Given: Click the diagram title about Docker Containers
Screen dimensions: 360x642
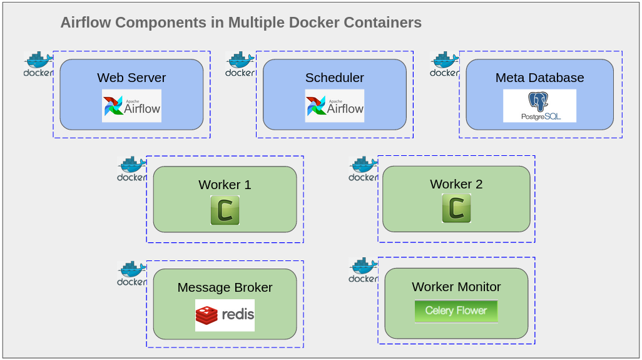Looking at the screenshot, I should [241, 23].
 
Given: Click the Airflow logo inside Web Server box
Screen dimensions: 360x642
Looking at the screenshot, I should [131, 106].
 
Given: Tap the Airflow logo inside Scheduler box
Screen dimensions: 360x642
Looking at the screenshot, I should [335, 106].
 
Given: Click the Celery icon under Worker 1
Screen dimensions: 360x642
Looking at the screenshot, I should [225, 210].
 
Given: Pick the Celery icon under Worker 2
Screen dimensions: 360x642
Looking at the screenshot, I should [456, 208].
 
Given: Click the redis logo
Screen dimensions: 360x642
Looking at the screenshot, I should [225, 315].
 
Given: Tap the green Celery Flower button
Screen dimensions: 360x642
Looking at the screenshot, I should [456, 311].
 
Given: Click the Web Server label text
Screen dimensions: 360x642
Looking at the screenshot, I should [131, 78].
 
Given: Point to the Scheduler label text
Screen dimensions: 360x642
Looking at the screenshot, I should [335, 78].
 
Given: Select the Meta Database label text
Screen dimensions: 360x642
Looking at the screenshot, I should [539, 78].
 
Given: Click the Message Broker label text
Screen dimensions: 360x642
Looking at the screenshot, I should [225, 287].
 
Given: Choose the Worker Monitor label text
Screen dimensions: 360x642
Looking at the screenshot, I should [456, 287].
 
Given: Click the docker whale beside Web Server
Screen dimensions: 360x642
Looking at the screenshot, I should [38, 64].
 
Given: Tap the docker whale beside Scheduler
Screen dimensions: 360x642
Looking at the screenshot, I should [240, 64].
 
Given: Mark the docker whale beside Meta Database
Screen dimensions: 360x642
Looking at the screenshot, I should [445, 64].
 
